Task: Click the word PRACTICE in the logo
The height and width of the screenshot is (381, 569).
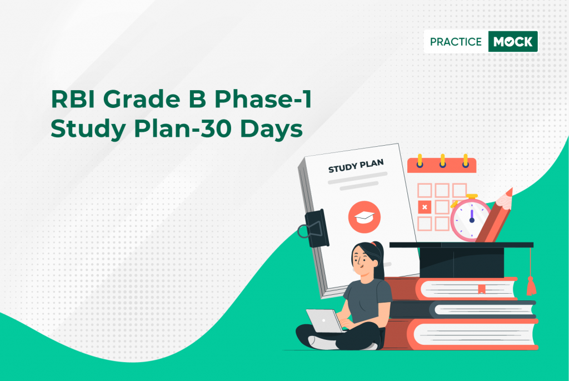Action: pos(456,42)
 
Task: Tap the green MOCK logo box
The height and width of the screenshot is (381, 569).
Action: pos(513,41)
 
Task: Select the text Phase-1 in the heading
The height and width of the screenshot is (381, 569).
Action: pos(263,99)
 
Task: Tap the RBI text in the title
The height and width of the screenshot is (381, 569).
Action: pos(74,99)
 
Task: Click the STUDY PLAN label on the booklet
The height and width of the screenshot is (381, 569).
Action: pos(356,166)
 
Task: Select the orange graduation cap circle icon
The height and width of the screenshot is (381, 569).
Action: pos(365,217)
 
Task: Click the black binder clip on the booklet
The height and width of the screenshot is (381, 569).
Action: pos(315,229)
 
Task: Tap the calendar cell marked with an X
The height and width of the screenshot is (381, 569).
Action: pos(425,207)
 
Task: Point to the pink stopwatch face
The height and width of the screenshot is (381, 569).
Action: pos(470,219)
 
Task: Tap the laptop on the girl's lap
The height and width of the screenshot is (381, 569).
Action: pos(325,321)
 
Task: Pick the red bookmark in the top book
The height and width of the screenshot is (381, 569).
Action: pos(482,289)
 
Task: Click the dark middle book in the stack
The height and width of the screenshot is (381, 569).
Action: pos(463,309)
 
